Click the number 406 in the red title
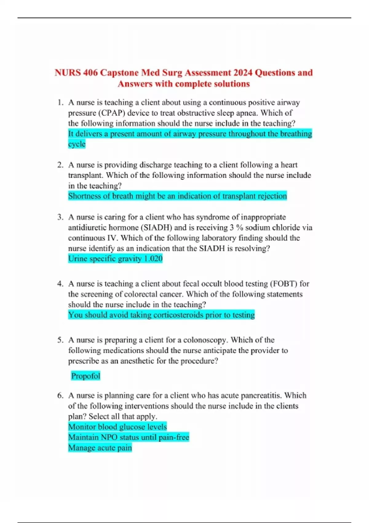point(90,73)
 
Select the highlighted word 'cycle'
point(77,144)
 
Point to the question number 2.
point(60,165)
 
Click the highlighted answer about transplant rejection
point(177,196)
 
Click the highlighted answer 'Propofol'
point(85,376)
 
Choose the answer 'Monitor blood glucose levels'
point(117,427)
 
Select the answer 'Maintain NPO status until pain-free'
point(129,437)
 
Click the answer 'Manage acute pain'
point(100,448)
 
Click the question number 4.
point(60,284)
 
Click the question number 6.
point(60,395)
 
